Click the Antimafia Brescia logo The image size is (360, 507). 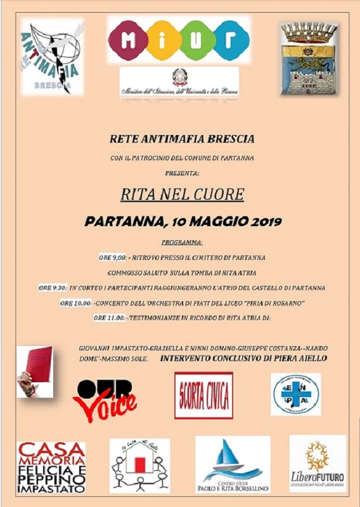[x=52, y=56]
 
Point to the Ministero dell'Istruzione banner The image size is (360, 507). [x=179, y=82]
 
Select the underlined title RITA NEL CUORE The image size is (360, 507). [x=182, y=194]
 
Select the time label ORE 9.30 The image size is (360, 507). [x=53, y=288]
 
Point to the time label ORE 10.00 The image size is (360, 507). [x=75, y=304]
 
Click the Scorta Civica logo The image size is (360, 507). [x=203, y=395]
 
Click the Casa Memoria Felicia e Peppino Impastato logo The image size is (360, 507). [x=51, y=467]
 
